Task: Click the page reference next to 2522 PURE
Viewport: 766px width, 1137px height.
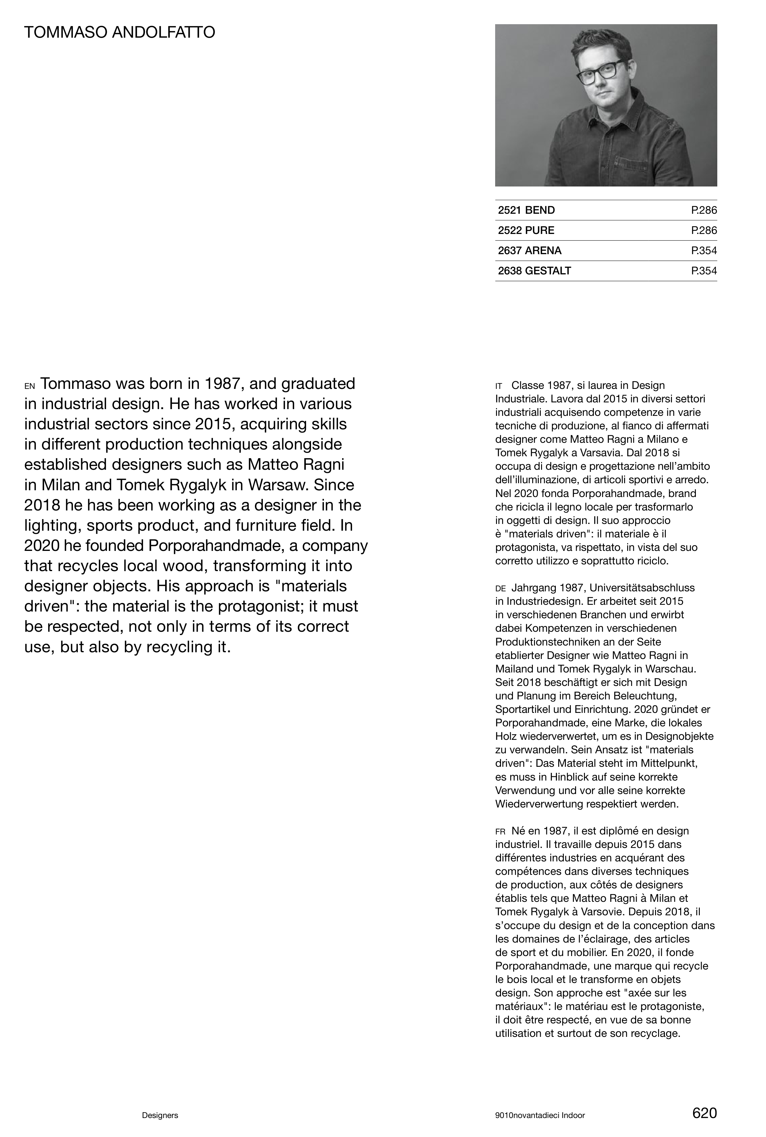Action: click(x=703, y=230)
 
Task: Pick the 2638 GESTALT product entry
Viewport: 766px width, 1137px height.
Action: click(x=534, y=271)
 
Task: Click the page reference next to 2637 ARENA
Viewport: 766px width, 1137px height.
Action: click(x=703, y=250)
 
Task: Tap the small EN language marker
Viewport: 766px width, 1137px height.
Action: click(x=29, y=386)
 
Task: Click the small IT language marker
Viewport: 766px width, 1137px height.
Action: click(x=499, y=386)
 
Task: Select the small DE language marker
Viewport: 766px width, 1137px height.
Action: click(x=500, y=589)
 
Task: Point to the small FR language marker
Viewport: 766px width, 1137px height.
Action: click(x=500, y=831)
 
